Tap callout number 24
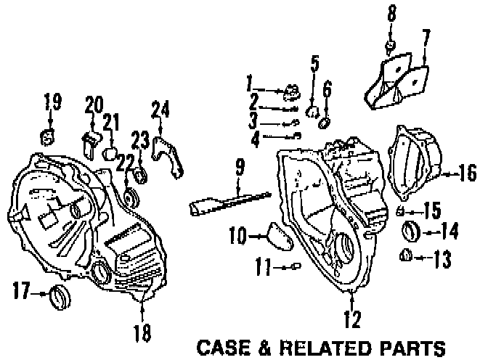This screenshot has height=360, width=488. coord(160,111)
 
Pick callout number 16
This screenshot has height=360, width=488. coord(466,174)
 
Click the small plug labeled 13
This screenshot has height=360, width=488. coord(407,255)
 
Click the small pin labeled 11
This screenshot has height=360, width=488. coord(295,267)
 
